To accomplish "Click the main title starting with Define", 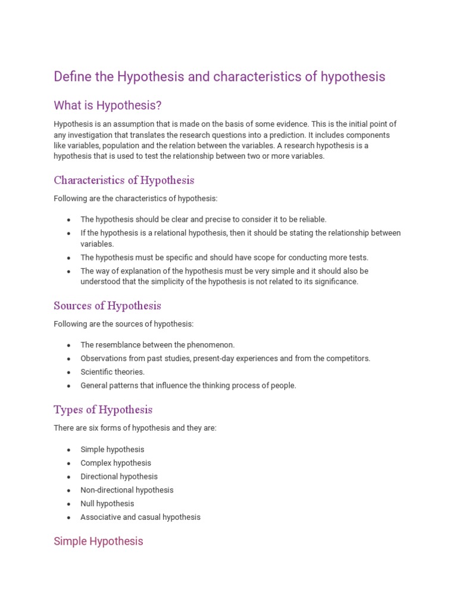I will (220, 77).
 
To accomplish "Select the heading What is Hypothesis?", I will (108, 106).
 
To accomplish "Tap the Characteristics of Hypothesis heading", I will (124, 180).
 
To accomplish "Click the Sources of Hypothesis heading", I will (107, 306).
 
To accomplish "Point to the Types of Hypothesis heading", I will (103, 410).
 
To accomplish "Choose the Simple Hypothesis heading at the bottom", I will (98, 541).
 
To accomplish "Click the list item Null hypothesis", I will (107, 504).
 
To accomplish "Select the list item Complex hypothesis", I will (115, 463).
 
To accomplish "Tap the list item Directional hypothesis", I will (119, 477).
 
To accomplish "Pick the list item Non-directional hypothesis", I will (127, 490).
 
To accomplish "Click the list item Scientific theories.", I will (112, 372).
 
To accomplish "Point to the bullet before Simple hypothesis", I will (69, 450).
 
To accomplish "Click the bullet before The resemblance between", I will (69, 346).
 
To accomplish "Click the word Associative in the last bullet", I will (99, 517).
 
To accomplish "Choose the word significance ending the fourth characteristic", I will (336, 282).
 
